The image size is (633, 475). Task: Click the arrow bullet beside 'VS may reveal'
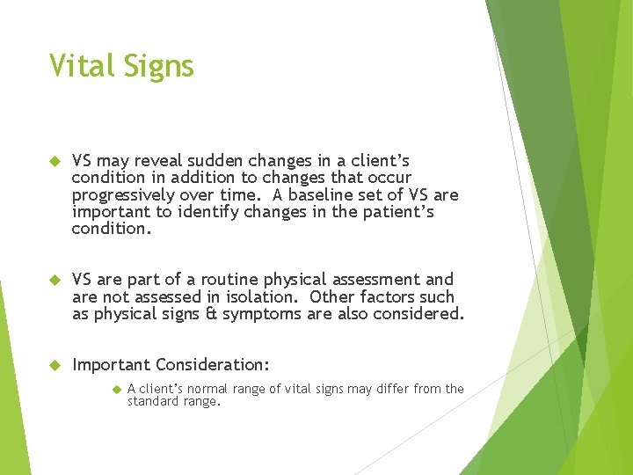click(x=53, y=162)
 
